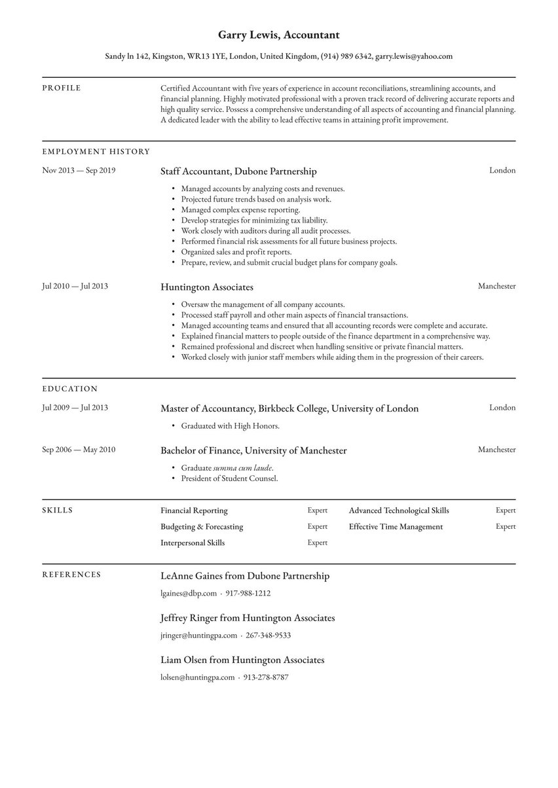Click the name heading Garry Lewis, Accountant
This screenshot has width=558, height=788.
278,34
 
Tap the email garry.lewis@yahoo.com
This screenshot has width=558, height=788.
413,56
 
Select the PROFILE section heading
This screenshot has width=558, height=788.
62,88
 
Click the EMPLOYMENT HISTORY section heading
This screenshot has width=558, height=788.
96,151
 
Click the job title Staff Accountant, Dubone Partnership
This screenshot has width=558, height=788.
238,171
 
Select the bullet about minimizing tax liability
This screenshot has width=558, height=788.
254,220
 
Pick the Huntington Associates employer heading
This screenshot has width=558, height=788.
206,287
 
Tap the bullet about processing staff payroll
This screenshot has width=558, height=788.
294,315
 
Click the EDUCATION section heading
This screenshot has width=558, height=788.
69,388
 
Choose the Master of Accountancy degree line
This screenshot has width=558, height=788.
289,408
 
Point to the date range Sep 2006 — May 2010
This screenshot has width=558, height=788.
79,450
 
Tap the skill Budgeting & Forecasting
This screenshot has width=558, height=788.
202,526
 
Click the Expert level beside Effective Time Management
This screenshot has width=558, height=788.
505,526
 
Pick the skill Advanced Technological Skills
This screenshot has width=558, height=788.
399,510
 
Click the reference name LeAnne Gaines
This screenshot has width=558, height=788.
193,576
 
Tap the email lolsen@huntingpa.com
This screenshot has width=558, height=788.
197,677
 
